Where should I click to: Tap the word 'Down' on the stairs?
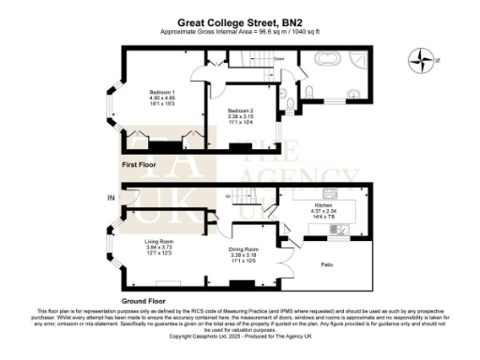click(278, 58)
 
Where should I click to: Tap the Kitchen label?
click(323, 202)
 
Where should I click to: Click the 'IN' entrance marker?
click(111, 197)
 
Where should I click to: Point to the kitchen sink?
click(343, 229)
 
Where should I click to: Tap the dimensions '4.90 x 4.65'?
click(162, 97)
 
